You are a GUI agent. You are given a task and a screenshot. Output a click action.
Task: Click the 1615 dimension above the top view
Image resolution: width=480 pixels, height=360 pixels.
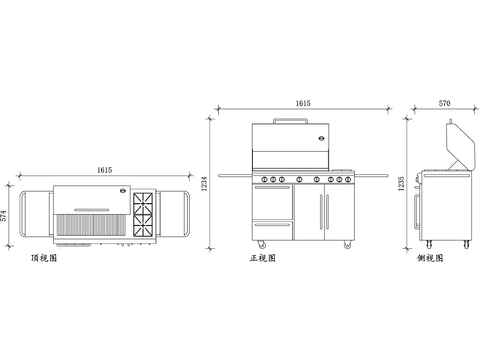point(104,170)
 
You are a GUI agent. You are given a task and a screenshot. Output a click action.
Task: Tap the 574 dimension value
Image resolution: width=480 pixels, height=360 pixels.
point(3,216)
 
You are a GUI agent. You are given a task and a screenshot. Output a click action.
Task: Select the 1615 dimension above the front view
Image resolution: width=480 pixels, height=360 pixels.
point(303,103)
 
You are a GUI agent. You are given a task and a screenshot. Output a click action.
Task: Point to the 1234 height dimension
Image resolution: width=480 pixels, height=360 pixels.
point(204,184)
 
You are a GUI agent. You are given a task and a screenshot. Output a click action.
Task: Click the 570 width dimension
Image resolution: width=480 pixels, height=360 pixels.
point(444,103)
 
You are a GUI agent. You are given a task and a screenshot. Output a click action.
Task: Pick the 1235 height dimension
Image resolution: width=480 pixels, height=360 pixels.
point(401,184)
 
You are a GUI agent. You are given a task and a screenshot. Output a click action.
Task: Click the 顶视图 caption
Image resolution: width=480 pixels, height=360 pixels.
point(44,258)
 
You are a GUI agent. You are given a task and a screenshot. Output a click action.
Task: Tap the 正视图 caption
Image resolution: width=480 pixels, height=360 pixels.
point(263,258)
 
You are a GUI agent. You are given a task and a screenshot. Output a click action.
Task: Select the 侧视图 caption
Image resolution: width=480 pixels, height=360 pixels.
point(430,258)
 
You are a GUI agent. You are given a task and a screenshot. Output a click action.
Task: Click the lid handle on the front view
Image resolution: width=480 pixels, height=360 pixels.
point(290,119)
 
